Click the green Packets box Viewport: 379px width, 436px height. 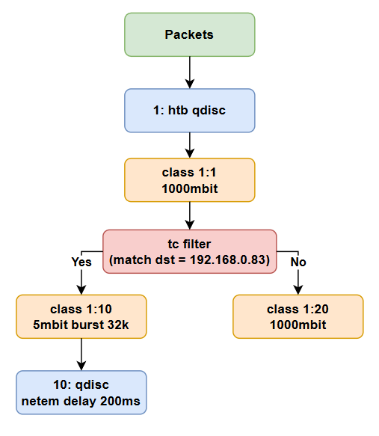coord(190,34)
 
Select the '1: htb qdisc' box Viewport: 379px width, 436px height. coord(190,111)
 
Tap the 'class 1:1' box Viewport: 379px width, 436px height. coord(190,180)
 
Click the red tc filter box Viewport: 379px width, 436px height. coord(190,251)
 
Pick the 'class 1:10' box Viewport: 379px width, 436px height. coord(81,316)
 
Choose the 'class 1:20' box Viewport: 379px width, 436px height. coord(298,316)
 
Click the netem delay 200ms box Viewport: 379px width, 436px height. coord(81,393)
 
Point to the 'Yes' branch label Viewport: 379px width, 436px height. coord(81,262)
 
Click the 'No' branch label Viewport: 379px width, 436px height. coord(298,262)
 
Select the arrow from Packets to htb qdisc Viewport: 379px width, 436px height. coord(190,73)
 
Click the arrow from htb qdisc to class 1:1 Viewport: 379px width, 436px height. coord(190,145)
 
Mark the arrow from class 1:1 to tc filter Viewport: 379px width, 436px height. coord(190,216)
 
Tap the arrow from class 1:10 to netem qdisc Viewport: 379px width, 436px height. coord(81,354)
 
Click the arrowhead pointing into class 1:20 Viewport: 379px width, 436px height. coord(298,290)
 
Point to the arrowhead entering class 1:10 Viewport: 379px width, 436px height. coord(81,290)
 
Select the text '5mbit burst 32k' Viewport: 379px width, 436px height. coord(81,325)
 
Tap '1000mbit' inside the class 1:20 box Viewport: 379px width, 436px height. coord(298,325)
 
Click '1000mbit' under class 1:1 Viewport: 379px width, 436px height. coord(190,188)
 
